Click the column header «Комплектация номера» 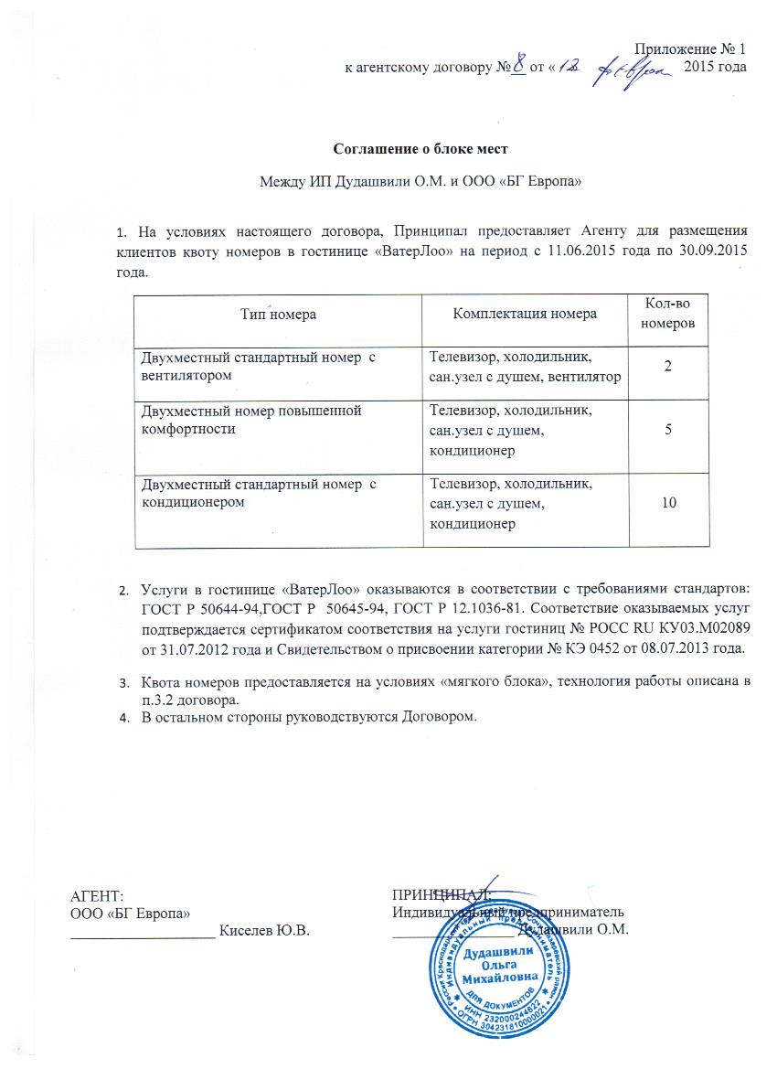point(526,314)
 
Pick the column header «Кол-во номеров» point(668,314)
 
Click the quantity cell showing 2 point(668,366)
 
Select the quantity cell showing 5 point(668,430)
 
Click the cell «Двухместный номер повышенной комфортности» point(251,419)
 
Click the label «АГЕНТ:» point(97,895)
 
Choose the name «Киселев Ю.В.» point(266,931)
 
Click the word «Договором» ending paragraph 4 point(439,715)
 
